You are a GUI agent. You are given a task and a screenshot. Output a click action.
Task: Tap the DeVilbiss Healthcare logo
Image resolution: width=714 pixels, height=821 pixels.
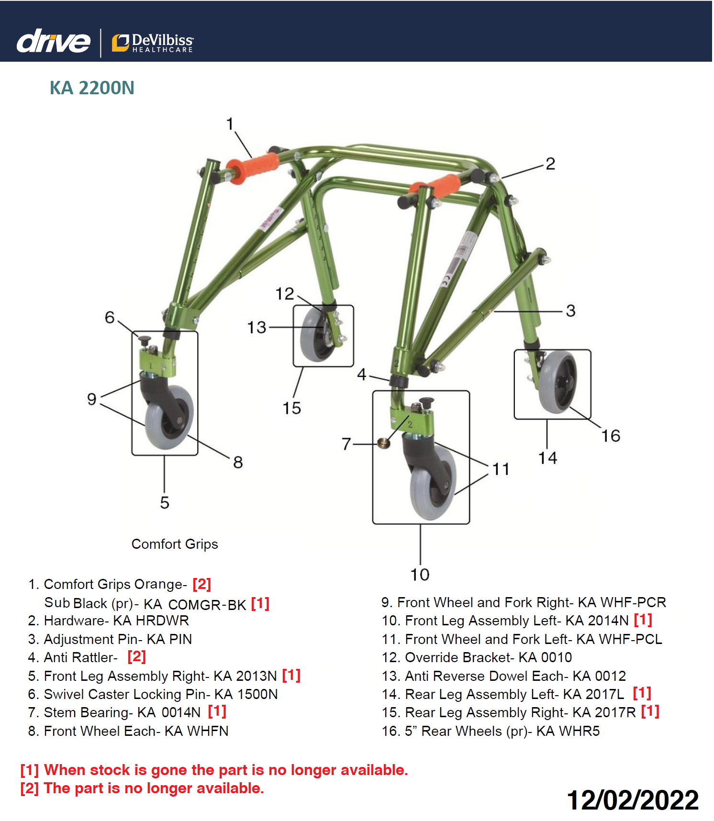152,43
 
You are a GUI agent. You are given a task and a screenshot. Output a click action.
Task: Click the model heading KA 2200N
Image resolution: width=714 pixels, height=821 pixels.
92,88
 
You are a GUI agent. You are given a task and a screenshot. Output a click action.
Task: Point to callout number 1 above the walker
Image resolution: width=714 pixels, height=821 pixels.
230,124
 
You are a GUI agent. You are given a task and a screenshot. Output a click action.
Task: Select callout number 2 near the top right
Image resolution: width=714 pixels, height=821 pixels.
550,164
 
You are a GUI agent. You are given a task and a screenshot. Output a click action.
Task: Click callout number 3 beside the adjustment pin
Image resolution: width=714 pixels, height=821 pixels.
570,311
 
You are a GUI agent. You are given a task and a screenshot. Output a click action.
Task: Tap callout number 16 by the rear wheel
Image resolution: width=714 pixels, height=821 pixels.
611,436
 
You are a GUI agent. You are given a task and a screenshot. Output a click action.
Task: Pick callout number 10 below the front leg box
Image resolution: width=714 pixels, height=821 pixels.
420,575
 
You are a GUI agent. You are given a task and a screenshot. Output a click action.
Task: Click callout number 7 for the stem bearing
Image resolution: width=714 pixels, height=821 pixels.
346,444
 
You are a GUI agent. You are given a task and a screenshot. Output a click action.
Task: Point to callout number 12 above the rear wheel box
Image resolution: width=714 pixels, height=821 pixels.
284,294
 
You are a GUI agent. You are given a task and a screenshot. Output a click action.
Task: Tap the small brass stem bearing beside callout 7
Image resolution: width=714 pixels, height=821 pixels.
384,443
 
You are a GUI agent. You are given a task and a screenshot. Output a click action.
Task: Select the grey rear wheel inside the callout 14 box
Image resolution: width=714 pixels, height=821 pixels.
557,382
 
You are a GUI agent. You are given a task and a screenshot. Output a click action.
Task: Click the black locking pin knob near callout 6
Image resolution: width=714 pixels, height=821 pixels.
145,341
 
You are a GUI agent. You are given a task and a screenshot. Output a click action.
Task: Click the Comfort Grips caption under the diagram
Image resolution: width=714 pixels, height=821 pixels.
175,544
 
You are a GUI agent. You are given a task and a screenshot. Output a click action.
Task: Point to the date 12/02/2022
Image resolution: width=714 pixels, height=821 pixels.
633,800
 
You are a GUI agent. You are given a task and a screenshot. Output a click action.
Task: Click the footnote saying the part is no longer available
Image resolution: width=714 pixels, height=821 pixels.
142,788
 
